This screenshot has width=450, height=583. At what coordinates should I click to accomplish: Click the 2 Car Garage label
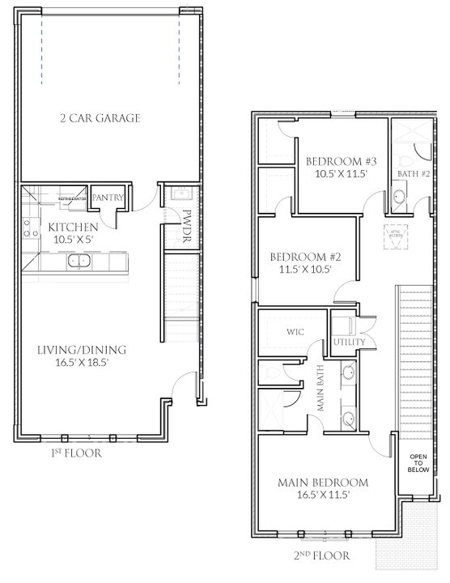click(100, 118)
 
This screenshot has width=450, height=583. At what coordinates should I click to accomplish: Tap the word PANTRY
click(107, 198)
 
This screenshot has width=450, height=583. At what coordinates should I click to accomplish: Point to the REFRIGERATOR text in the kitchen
click(72, 198)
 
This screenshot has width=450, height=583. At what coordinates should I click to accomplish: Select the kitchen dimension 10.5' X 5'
click(74, 240)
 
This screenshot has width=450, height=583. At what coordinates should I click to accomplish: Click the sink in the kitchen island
click(79, 261)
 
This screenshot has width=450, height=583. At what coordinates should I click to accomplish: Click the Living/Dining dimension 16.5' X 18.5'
click(81, 364)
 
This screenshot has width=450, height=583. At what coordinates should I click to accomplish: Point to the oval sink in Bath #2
click(398, 197)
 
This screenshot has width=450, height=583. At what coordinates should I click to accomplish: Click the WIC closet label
click(294, 331)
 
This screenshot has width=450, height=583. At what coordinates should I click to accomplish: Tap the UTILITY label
click(350, 343)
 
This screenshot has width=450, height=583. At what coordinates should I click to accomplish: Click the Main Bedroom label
click(323, 483)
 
